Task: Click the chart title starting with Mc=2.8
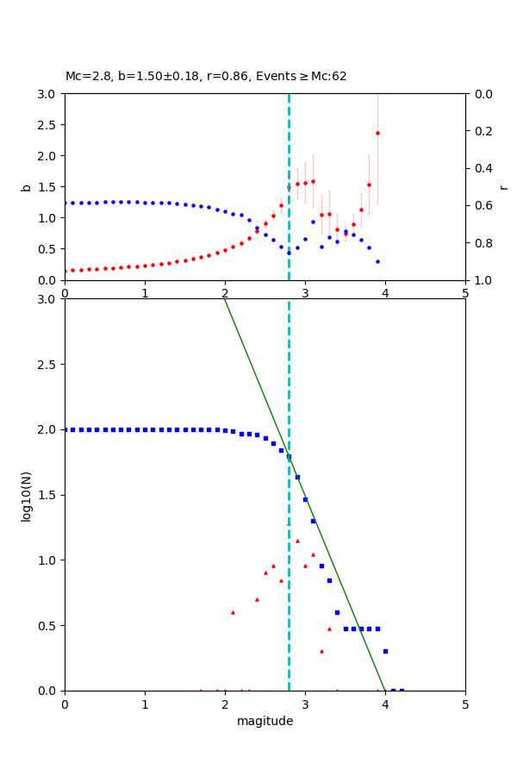pos(206,76)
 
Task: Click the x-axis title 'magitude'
pos(265,721)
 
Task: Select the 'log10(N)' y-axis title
pos(26,495)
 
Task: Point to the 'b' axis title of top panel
pos(26,187)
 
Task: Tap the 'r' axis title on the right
pos(503,187)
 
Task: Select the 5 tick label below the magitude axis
pos(465,704)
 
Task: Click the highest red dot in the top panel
pos(377,133)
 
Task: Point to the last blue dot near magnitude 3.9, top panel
pos(377,261)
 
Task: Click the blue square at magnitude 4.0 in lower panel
pos(385,651)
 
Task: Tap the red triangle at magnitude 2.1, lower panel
pos(233,612)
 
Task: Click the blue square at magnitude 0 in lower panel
pos(65,429)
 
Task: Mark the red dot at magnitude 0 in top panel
pos(65,271)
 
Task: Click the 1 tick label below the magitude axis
pos(145,704)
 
